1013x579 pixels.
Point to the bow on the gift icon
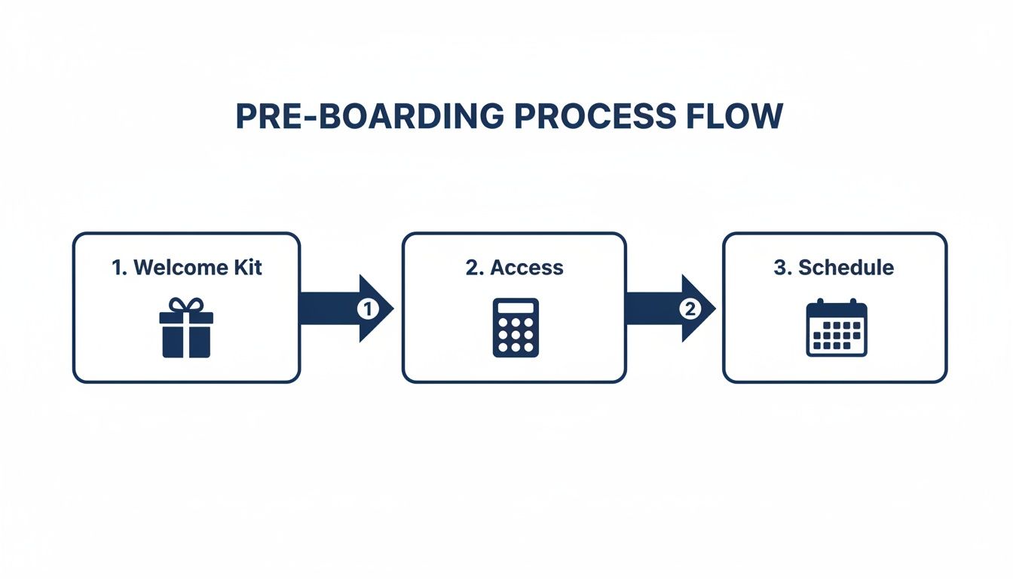(186, 305)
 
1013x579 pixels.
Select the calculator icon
(516, 327)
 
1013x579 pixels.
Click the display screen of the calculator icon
(516, 308)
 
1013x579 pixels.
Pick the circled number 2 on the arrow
(689, 308)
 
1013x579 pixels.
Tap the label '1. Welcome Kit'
(187, 268)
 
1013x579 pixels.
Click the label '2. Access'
(514, 268)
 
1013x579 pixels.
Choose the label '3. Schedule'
(834, 268)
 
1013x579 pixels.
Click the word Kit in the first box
(248, 268)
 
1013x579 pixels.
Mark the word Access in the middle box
(526, 268)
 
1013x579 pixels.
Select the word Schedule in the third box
(846, 268)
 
